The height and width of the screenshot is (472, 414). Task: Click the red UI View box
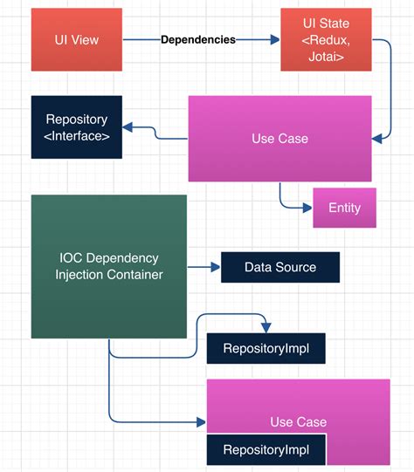click(x=77, y=40)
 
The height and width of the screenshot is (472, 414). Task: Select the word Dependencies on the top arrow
click(x=198, y=40)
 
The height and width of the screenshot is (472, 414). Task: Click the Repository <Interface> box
click(x=77, y=127)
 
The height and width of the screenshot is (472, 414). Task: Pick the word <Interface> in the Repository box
click(x=77, y=136)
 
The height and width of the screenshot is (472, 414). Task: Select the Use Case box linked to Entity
click(x=279, y=139)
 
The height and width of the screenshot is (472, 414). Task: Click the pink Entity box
click(x=344, y=208)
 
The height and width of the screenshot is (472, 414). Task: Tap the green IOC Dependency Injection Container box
click(x=108, y=266)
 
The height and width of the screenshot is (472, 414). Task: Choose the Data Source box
click(x=279, y=267)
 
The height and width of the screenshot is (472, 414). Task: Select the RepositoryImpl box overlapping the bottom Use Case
click(x=266, y=450)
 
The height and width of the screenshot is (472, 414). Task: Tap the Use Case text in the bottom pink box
click(x=298, y=422)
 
